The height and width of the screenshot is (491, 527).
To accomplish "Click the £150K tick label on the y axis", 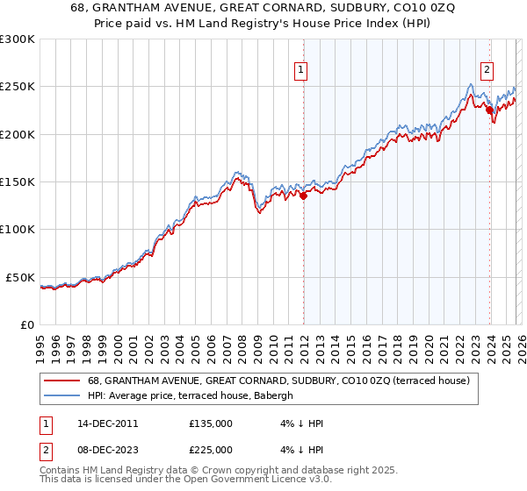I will click(18, 182).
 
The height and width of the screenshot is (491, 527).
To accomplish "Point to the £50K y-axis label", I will click(20, 277).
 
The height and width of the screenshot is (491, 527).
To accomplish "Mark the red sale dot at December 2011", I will click(303, 196).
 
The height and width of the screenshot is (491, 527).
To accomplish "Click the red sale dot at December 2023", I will click(489, 110).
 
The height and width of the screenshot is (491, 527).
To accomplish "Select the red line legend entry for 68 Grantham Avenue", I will click(279, 381).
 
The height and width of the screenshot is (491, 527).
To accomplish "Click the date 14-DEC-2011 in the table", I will click(101, 423).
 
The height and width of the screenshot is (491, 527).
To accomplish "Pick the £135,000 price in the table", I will click(211, 423).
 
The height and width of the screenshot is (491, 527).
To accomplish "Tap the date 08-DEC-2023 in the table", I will click(101, 449).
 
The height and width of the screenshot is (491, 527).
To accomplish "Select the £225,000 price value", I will click(211, 449).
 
